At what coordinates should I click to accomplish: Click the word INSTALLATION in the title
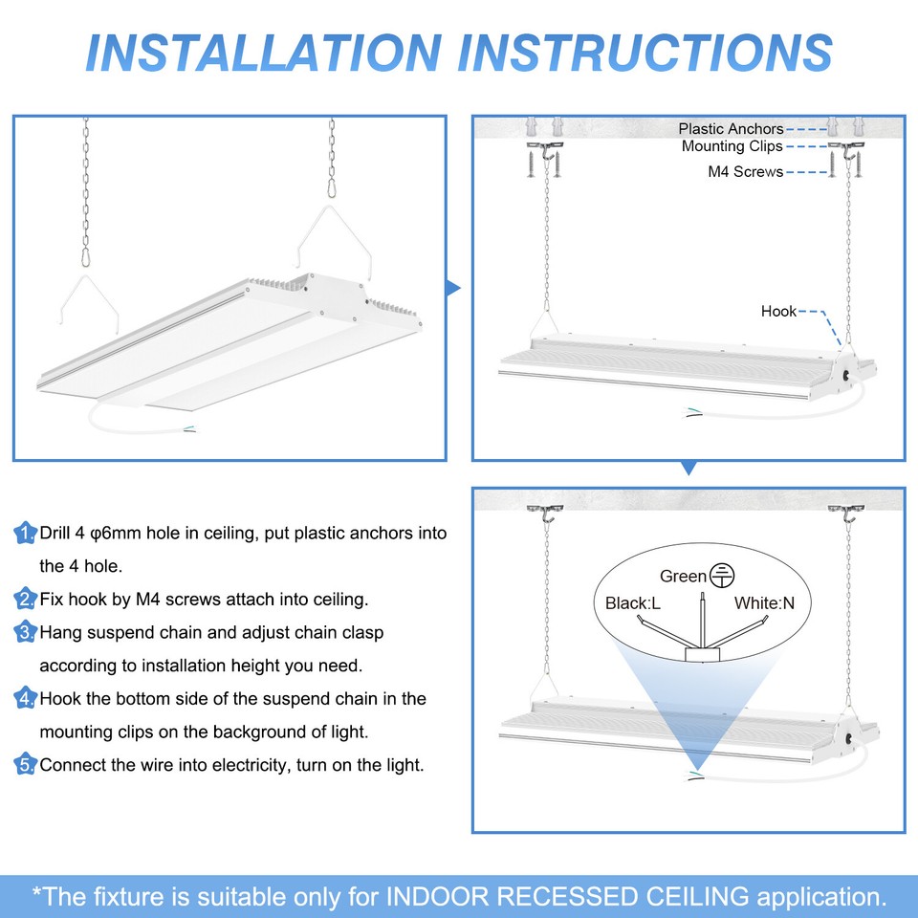(263, 52)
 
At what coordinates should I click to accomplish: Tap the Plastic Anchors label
(731, 128)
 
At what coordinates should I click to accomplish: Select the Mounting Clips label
(732, 146)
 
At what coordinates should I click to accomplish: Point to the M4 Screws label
(745, 172)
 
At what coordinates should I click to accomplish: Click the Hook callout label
(778, 311)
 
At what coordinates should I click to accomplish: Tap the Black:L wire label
(633, 603)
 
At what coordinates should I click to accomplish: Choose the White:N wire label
(765, 603)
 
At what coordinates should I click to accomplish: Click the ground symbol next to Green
(724, 576)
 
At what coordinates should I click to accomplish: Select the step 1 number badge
(26, 534)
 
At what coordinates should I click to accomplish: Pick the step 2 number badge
(26, 600)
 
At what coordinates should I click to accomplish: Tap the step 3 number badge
(26, 632)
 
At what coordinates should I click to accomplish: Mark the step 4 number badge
(26, 699)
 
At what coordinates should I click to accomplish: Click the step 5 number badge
(26, 765)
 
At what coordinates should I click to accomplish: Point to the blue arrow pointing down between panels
(688, 468)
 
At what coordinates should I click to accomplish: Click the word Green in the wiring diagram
(683, 576)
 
